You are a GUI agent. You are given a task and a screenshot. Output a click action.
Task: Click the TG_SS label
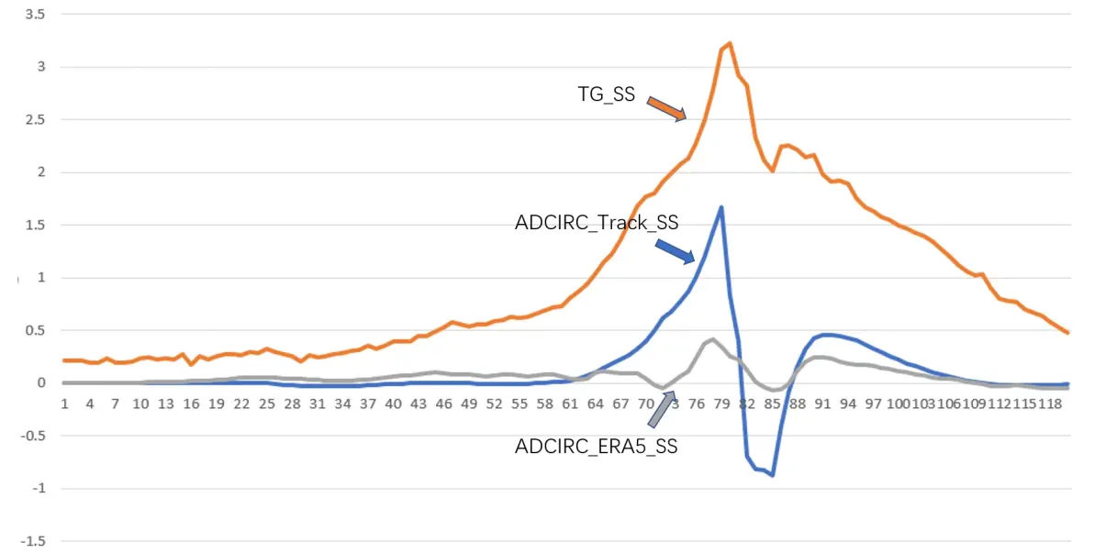[605, 94]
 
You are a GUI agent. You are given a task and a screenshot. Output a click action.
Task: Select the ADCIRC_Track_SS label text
[596, 222]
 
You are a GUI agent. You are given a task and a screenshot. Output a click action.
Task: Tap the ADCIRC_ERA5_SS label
[596, 447]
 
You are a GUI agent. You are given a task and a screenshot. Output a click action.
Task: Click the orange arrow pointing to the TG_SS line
[666, 108]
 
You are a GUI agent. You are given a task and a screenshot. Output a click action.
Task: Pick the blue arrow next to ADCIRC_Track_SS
[675, 249]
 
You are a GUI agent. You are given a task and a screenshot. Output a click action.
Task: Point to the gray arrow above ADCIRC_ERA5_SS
[662, 411]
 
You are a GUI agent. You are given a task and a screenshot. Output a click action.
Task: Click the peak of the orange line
[730, 43]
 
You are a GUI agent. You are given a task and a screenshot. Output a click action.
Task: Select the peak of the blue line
[721, 207]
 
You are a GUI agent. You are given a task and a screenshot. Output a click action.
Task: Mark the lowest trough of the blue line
[773, 475]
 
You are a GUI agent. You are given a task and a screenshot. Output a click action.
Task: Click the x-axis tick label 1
[64, 404]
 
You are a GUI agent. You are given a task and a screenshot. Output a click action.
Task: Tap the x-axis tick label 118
[1051, 404]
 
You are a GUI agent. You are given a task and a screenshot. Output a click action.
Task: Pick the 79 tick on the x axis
[722, 404]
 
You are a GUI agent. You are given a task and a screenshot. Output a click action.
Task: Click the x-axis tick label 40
[394, 404]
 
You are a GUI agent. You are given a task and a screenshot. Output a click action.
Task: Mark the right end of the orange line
[1068, 333]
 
